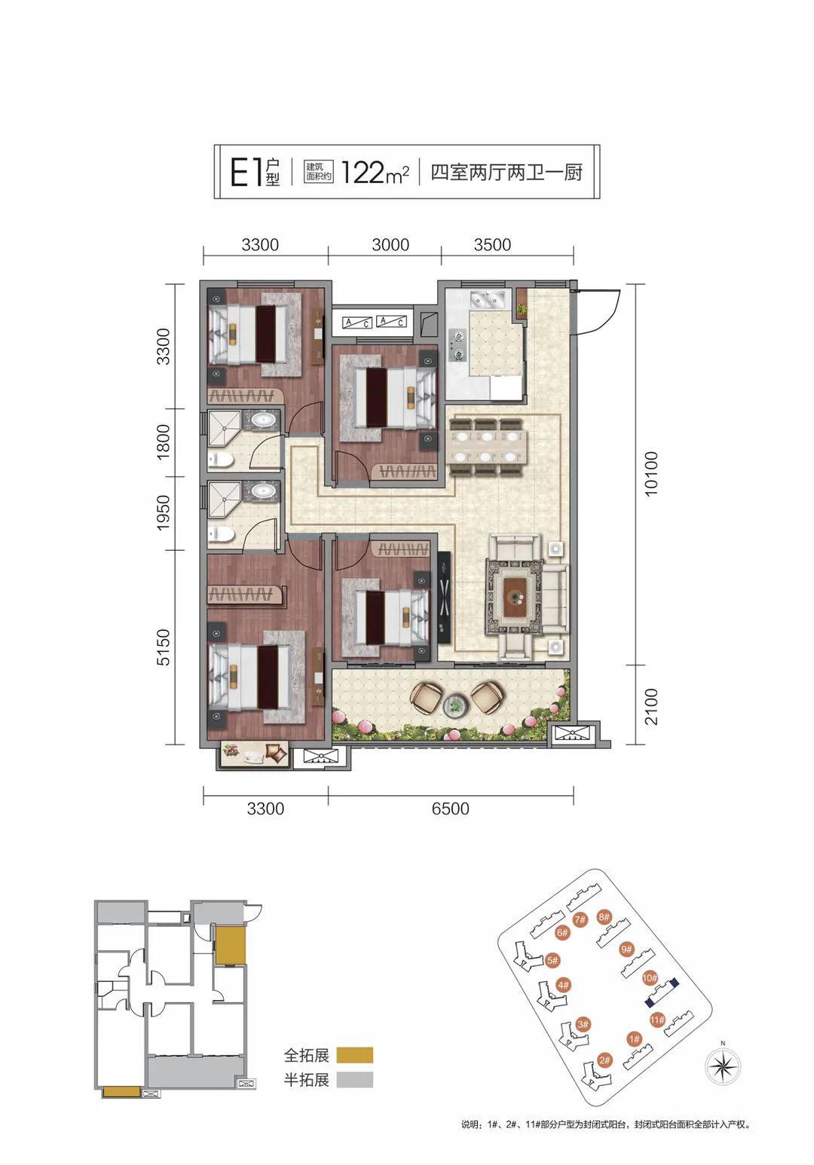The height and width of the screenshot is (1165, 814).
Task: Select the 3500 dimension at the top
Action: pos(492,244)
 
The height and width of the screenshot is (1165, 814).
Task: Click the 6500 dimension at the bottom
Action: pos(451,809)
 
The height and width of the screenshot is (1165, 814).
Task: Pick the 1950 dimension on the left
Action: pos(164,513)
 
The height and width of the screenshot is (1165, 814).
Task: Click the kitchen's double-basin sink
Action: pos(488,299)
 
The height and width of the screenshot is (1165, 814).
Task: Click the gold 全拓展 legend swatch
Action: pos(355,1055)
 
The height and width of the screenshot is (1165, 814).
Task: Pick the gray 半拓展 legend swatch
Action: pos(355,1080)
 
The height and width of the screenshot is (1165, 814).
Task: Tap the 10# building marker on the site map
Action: pos(650,978)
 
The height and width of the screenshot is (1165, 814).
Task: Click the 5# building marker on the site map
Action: pos(552,960)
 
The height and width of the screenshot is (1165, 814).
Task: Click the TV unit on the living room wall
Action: pos(444,595)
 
